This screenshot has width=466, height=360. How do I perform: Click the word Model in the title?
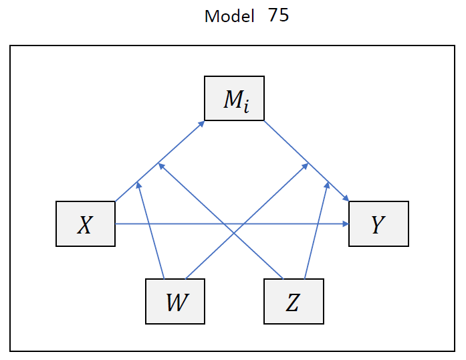tap(229, 16)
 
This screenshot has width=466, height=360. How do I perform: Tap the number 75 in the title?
tap(279, 15)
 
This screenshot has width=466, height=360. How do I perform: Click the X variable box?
tap(85, 224)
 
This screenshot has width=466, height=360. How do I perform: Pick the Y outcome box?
tap(378, 224)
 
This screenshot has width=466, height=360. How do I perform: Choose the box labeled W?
tap(175, 301)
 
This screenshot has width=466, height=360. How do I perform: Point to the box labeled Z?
tap(294, 301)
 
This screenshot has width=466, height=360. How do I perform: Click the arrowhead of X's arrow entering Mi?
tap(201, 123)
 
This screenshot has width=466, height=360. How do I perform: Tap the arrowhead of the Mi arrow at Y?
tap(346, 198)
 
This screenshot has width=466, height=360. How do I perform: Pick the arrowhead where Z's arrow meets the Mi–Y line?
tap(327, 183)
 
